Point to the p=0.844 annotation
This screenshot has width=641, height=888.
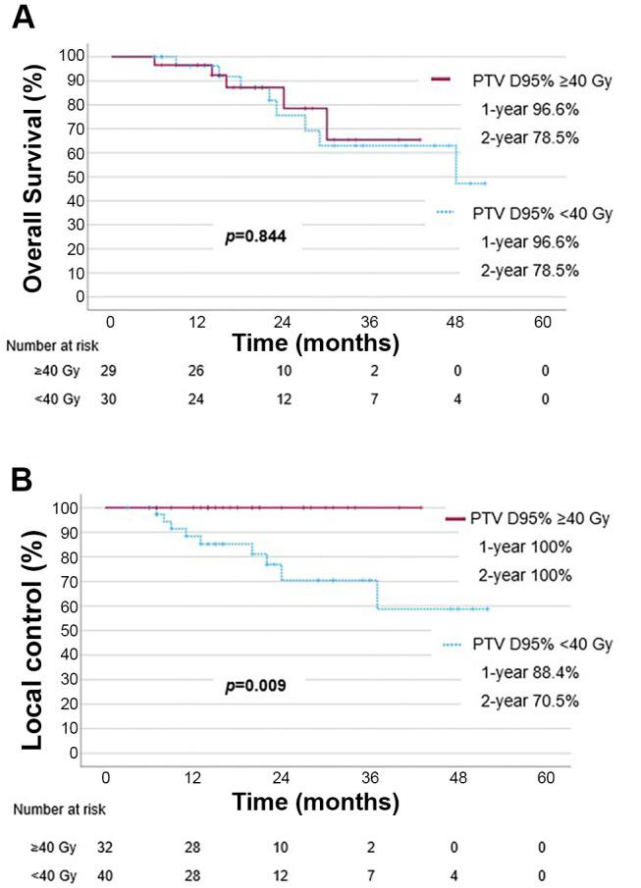click(x=256, y=236)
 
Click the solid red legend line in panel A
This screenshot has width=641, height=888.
click(x=440, y=79)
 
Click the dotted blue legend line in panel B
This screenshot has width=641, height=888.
click(x=453, y=644)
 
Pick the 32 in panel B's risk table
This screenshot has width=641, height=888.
click(x=105, y=845)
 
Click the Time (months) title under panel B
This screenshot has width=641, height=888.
click(x=315, y=801)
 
